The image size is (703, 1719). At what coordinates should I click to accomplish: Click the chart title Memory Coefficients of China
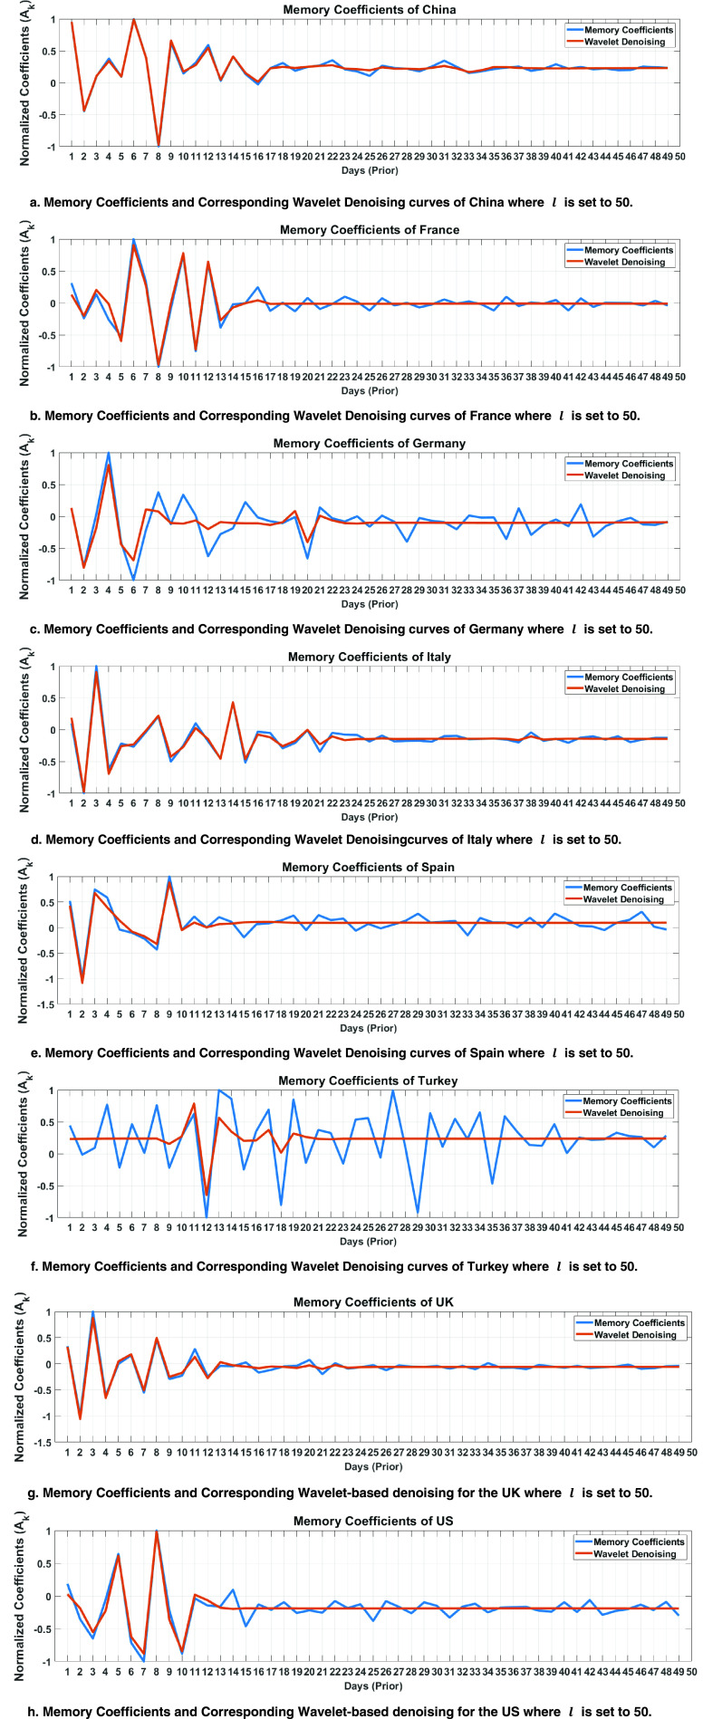click(369, 10)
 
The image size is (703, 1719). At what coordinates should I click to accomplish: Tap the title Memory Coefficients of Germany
click(369, 443)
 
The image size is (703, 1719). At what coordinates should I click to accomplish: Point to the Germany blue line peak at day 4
click(109, 453)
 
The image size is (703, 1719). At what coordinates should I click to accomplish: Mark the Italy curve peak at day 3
click(96, 667)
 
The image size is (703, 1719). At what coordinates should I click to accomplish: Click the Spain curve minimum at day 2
click(83, 982)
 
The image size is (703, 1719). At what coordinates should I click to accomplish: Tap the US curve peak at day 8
click(157, 1531)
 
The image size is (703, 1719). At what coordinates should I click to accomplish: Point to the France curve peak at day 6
click(133, 240)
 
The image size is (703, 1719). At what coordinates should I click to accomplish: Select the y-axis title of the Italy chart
click(24, 729)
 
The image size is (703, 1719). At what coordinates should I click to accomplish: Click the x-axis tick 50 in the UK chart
click(691, 1451)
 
